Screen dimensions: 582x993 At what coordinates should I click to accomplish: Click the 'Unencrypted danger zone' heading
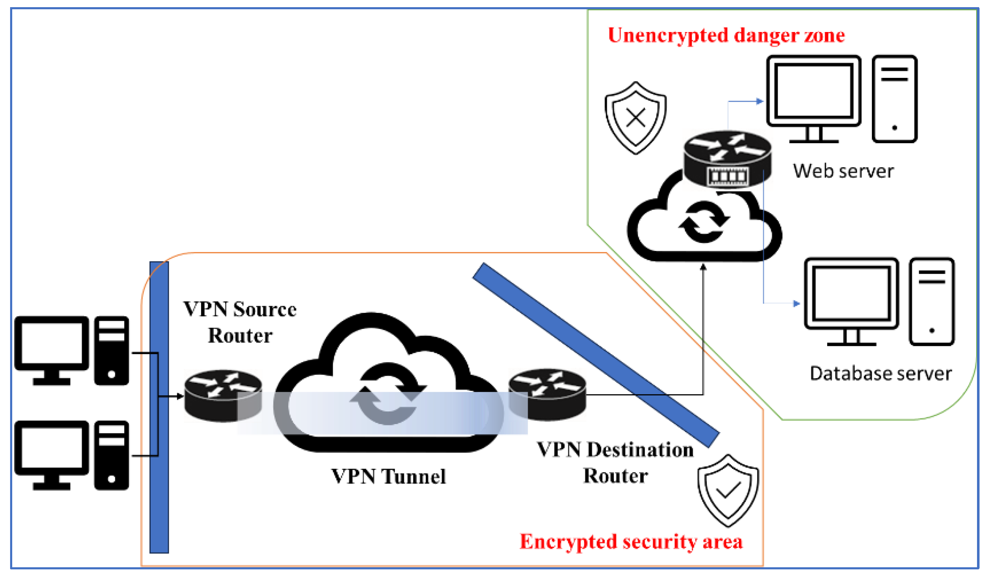tap(726, 35)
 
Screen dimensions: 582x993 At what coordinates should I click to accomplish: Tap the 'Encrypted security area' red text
tap(631, 542)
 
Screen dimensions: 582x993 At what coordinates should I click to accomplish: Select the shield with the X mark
tap(635, 117)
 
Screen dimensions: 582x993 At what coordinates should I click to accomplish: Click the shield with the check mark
tap(728, 490)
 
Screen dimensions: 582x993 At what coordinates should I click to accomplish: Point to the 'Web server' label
tap(843, 171)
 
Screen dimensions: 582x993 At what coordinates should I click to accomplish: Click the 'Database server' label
tap(881, 374)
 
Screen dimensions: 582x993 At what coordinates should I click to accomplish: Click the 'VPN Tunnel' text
tap(388, 477)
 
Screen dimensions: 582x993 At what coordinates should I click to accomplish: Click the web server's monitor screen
tap(814, 91)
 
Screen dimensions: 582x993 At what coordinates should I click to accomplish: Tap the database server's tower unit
tap(932, 302)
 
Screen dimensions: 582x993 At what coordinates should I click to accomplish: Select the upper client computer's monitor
tap(52, 343)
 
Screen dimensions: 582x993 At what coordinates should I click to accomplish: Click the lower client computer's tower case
tap(112, 455)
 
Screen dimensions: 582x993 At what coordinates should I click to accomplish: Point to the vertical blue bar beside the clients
tap(159, 407)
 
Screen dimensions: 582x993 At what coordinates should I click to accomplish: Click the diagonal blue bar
tap(595, 355)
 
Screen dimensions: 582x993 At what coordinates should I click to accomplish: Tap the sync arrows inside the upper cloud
tap(704, 222)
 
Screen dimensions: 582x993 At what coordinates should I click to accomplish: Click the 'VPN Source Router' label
tap(240, 323)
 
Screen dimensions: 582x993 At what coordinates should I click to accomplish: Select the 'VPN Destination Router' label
tap(615, 463)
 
